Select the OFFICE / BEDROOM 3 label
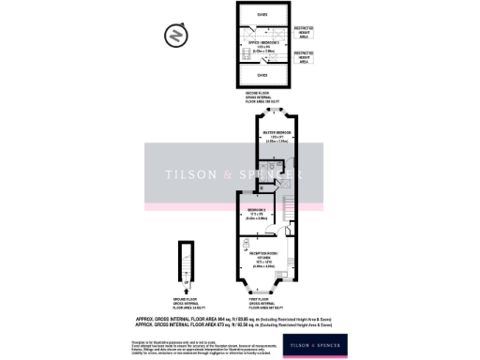pyautogui.click(x=262, y=44)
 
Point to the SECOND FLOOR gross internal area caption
pyautogui.click(x=263, y=98)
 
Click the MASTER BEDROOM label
pyautogui.click(x=272, y=136)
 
